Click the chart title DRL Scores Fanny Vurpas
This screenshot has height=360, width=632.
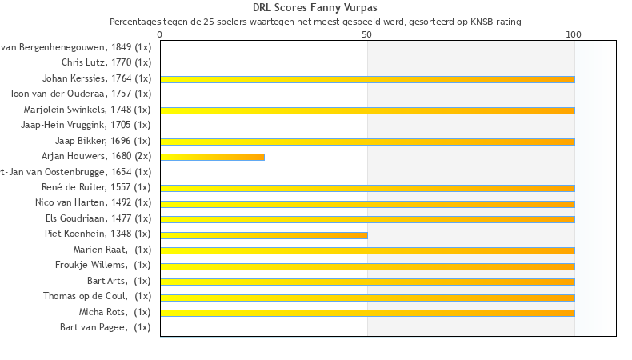point(315,8)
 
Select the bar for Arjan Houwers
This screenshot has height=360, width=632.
point(212,157)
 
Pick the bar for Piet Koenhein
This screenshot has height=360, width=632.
point(264,235)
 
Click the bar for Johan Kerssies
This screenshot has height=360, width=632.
point(367,79)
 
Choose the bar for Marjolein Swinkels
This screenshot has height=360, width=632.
point(367,110)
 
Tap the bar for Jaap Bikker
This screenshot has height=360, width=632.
point(367,142)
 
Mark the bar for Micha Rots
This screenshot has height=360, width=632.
point(367,313)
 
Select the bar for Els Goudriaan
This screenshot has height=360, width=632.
point(367,219)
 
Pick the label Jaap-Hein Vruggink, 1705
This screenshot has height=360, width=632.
point(86,125)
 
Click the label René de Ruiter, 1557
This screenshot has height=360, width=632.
point(96,187)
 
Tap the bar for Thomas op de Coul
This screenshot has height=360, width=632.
point(367,298)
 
